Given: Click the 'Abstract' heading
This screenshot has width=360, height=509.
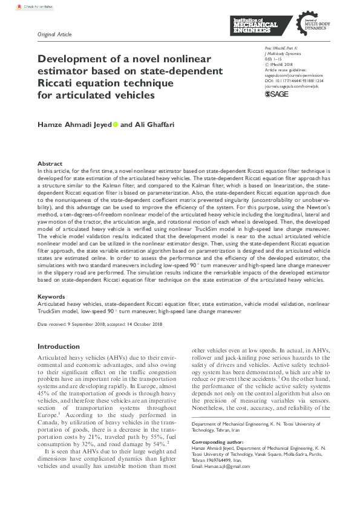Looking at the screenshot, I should tap(50, 164).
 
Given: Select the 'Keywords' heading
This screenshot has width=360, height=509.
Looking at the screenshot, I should tap(51, 296).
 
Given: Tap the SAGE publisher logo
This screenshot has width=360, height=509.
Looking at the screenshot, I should tap(277, 95).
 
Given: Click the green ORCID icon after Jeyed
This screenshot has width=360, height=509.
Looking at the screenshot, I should tap(116, 125).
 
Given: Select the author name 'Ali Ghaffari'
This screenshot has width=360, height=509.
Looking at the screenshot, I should tap(155, 125).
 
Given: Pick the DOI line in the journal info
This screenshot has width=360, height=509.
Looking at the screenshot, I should tap(293, 80).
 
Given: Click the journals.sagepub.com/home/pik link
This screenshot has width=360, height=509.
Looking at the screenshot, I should tap(291, 86).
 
